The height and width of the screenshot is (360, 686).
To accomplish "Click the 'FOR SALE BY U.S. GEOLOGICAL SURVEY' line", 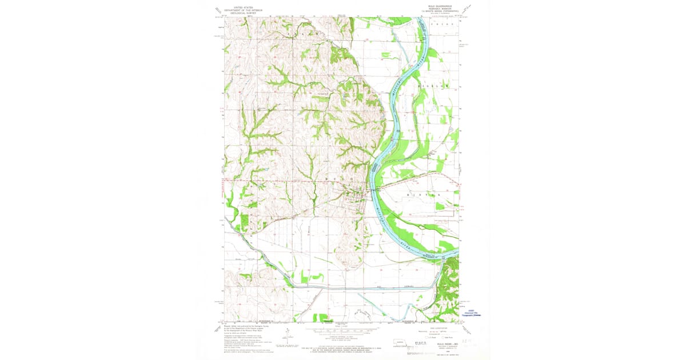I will (x=342, y=341).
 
